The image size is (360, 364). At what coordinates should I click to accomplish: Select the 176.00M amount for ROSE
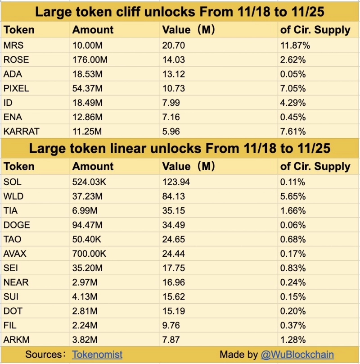[x=90, y=60]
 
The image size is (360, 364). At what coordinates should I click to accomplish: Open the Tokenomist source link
[x=97, y=355]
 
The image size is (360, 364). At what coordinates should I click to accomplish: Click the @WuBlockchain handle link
[x=297, y=355]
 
